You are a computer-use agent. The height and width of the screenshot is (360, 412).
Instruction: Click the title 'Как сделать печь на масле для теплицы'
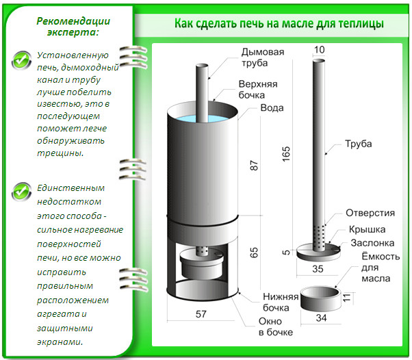(x=279, y=24)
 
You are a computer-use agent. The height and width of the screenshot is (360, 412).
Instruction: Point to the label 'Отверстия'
(x=370, y=212)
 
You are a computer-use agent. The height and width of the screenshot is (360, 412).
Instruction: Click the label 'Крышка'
(x=368, y=229)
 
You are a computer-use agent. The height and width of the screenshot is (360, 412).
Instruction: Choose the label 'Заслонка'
(x=372, y=243)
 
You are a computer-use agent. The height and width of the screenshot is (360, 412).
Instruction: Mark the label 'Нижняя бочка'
(x=281, y=302)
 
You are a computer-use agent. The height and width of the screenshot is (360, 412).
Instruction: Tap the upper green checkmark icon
(x=23, y=61)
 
